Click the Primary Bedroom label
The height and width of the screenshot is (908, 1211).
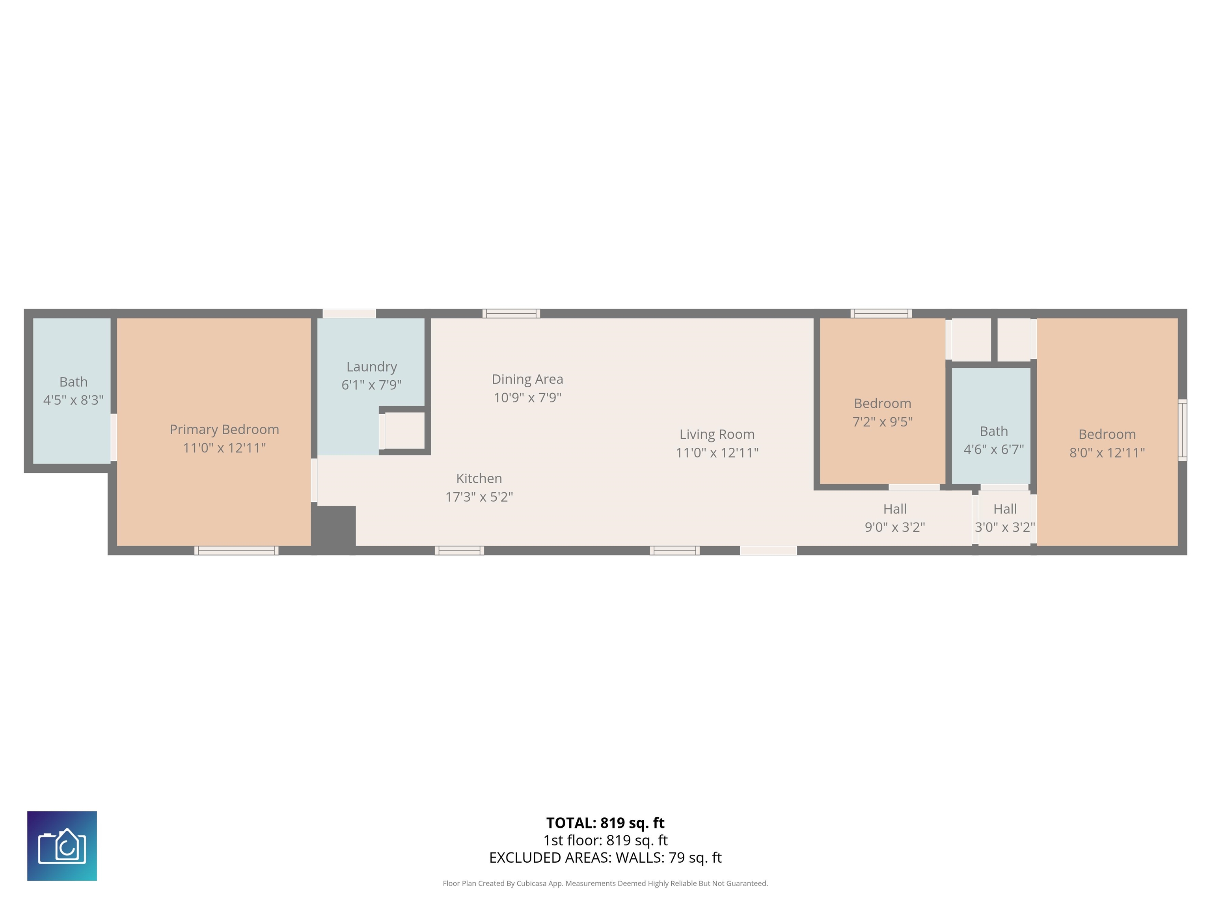click(224, 430)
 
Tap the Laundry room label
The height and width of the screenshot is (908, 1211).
click(372, 367)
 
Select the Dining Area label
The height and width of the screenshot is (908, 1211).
click(527, 379)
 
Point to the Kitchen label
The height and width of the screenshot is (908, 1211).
click(479, 478)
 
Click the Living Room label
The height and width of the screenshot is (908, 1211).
click(717, 435)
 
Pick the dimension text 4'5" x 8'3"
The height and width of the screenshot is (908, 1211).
click(73, 400)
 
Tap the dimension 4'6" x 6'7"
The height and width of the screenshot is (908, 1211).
click(994, 449)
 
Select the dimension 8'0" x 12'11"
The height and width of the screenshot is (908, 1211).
click(1107, 453)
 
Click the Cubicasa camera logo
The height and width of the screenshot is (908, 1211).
click(62, 846)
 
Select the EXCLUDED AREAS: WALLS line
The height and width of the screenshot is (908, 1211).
click(605, 858)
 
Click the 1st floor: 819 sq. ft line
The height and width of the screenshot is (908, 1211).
click(605, 840)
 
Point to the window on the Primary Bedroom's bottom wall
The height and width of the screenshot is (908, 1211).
click(237, 551)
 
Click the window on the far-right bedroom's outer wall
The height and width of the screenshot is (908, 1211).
click(1183, 430)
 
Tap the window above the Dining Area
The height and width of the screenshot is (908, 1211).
click(511, 314)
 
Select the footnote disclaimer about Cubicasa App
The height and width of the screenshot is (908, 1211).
click(605, 884)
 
